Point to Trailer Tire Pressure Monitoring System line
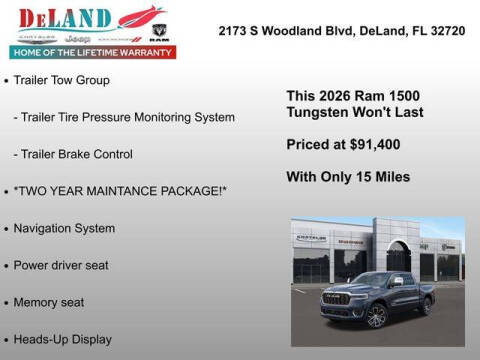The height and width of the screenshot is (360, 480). [124, 117]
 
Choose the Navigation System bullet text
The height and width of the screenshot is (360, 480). [65, 228]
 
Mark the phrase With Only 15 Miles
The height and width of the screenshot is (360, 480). [348, 177]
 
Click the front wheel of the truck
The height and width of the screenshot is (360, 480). [376, 316]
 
